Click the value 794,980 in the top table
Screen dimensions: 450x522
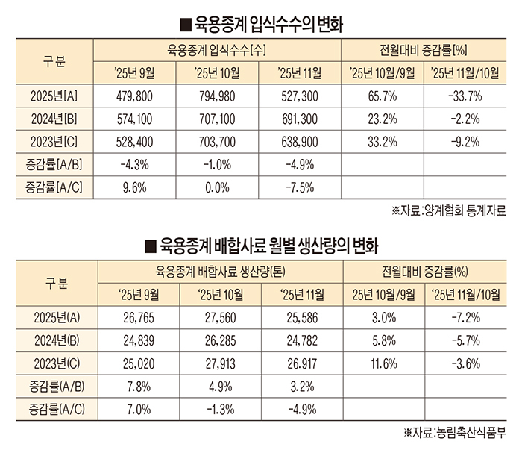[217, 96]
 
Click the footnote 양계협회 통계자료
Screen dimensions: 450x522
[459, 211]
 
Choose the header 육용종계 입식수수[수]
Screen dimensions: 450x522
[217, 51]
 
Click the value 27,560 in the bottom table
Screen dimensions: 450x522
[217, 317]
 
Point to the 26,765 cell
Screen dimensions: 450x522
[135, 317]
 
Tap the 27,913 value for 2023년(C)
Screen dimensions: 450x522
[217, 363]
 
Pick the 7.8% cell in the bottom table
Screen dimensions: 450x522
[135, 387]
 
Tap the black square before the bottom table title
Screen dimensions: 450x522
[149, 244]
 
